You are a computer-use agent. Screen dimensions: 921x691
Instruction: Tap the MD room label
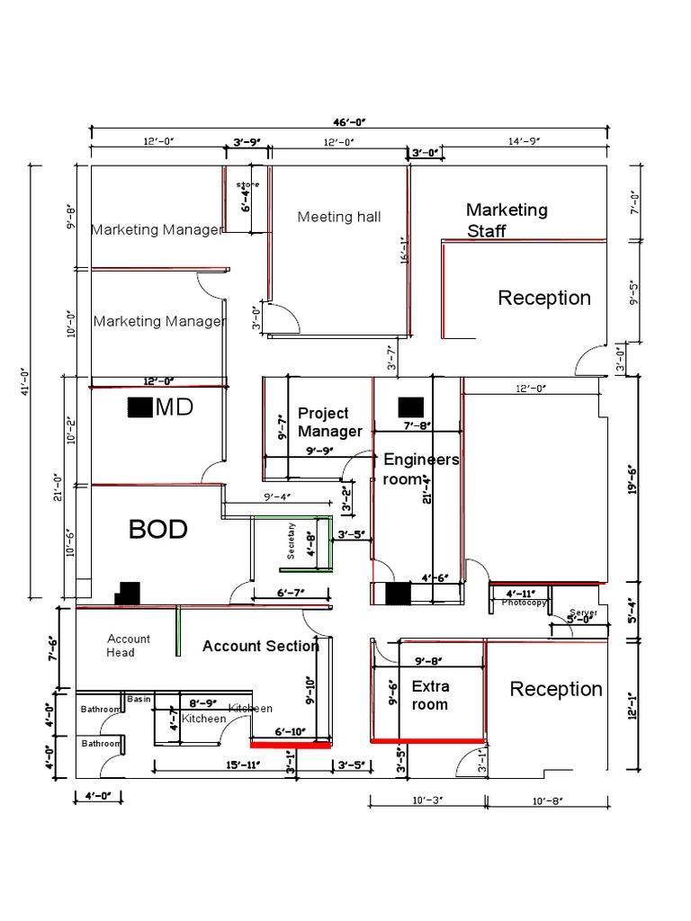click(x=175, y=407)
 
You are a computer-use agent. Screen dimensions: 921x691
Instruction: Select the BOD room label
click(x=157, y=529)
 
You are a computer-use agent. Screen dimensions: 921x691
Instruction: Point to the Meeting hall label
click(x=339, y=217)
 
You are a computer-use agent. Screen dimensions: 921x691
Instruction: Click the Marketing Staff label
click(x=507, y=220)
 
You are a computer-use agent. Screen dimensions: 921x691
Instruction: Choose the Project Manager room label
click(x=329, y=422)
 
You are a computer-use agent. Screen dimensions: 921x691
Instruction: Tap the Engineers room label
click(x=420, y=469)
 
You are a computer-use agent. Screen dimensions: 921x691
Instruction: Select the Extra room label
click(x=429, y=695)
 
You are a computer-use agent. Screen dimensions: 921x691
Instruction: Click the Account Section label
click(x=260, y=646)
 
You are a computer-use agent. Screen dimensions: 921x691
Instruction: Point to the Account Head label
click(x=129, y=645)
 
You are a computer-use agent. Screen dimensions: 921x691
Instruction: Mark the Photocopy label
click(x=525, y=604)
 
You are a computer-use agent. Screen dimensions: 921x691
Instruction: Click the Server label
click(x=583, y=613)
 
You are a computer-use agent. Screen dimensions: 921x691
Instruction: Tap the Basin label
click(x=139, y=699)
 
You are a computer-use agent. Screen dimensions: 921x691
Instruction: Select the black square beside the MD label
click(x=139, y=407)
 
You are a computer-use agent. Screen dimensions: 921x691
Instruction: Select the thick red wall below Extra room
click(x=427, y=741)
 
